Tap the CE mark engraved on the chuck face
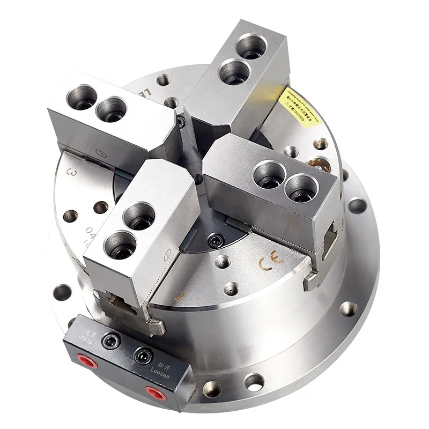268,262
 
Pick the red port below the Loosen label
156,395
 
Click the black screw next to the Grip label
111,339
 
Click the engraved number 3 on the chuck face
69,173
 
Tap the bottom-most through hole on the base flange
253,382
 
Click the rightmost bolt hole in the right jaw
301,189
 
